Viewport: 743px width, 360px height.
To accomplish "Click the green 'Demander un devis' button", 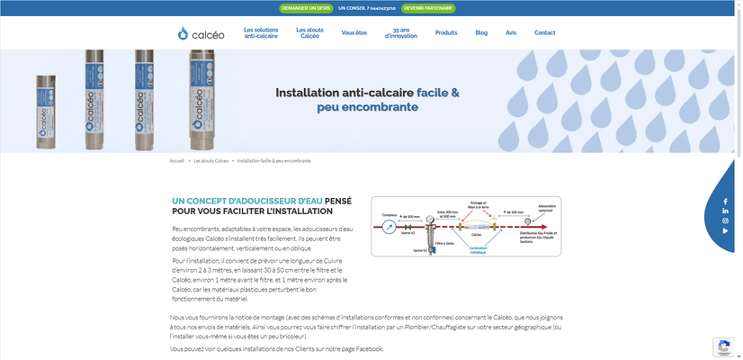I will (307, 7).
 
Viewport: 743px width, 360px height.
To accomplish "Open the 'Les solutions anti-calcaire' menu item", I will (261, 32).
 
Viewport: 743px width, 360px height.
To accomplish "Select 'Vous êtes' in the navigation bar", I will (354, 32).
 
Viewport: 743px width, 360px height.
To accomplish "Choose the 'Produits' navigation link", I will (446, 32).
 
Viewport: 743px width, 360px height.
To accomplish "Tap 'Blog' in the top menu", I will (481, 32).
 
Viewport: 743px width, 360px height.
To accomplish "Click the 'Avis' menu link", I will (511, 32).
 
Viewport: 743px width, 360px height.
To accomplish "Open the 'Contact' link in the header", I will (545, 32).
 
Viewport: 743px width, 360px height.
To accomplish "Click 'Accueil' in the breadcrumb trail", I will (176, 160).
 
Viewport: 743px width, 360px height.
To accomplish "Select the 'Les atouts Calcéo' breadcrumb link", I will (210, 160).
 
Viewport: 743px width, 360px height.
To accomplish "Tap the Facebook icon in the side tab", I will (726, 200).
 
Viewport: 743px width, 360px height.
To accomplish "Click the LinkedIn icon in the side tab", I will (726, 211).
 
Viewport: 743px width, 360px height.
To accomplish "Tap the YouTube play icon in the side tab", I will (726, 230).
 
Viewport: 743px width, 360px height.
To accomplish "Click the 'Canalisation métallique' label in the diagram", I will (478, 249).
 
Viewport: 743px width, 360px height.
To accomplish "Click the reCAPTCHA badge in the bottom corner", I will (727, 346).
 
